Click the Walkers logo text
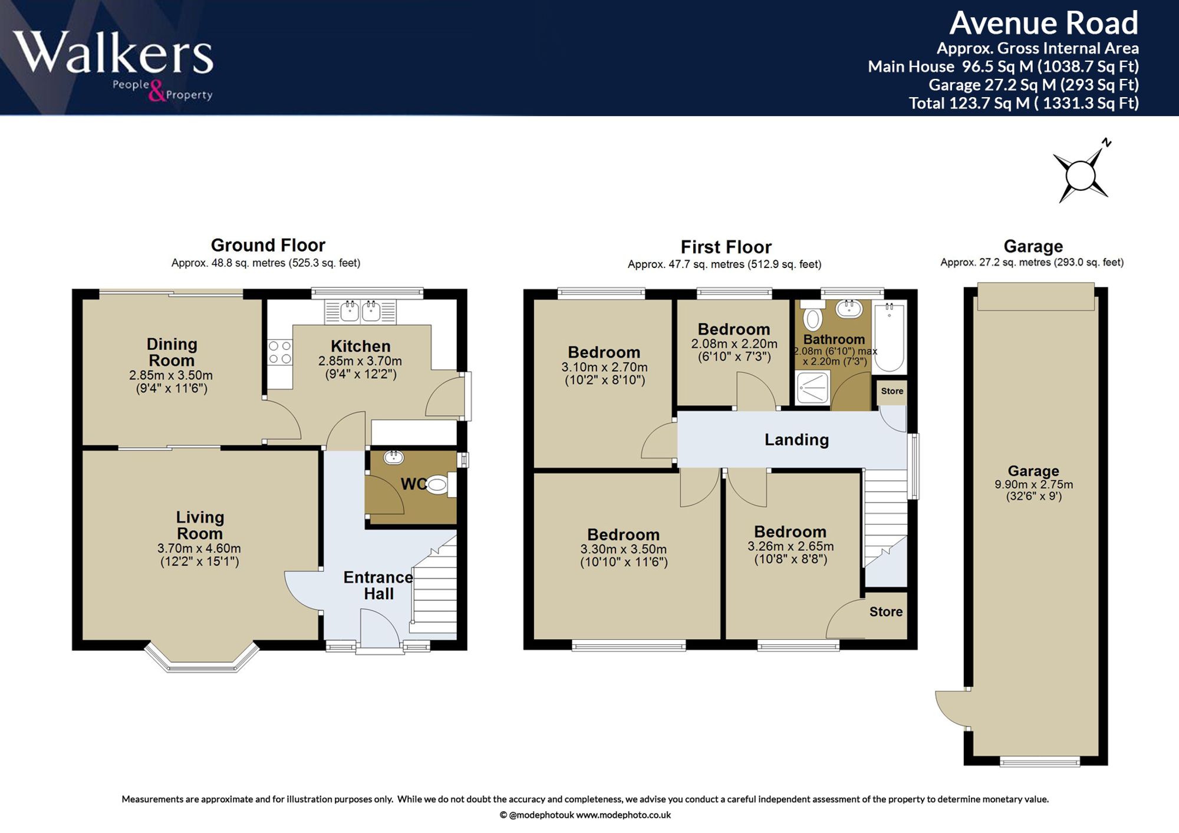coord(113,52)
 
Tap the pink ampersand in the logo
coord(157,91)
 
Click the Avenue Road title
coord(1043,24)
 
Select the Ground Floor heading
coord(268,245)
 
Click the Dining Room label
coord(172,352)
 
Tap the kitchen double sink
coord(360,311)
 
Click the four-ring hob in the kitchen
coord(280,352)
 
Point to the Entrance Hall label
coord(378,586)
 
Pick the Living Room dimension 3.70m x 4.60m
coord(199,548)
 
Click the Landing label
coord(796,440)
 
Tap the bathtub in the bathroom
coord(889,336)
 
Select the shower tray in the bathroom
coord(812,388)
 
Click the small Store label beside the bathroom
coord(892,391)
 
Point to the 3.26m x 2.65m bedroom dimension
coord(791,546)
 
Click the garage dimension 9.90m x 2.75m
coord(1033,485)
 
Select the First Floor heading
coord(726,247)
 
